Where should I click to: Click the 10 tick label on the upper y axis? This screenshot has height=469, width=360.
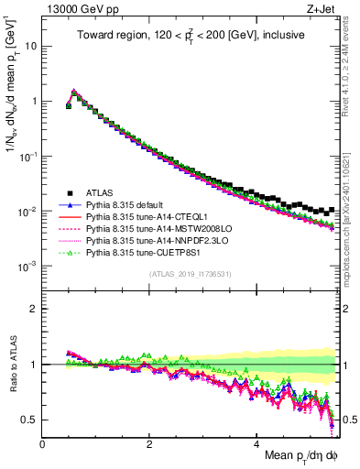pos(30,45)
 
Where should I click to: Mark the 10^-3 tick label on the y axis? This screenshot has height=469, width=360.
pos(27,266)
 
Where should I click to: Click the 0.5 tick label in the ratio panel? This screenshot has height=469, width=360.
pos(29,420)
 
